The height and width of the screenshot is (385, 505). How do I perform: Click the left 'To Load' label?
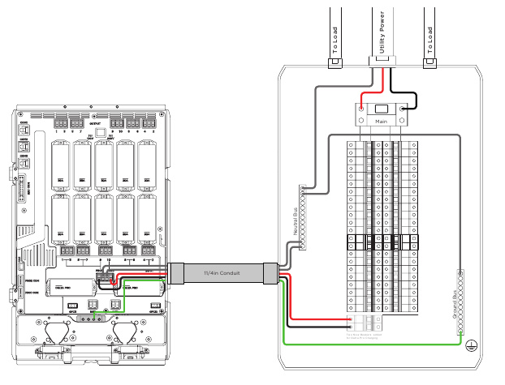334,34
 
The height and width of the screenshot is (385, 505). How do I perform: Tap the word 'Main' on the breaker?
381,121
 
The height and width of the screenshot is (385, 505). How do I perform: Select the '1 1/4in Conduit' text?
222,273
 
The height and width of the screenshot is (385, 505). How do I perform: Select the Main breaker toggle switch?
381,109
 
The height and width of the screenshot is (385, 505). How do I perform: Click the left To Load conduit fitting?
334,61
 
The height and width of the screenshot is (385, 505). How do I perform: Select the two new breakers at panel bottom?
356,322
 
